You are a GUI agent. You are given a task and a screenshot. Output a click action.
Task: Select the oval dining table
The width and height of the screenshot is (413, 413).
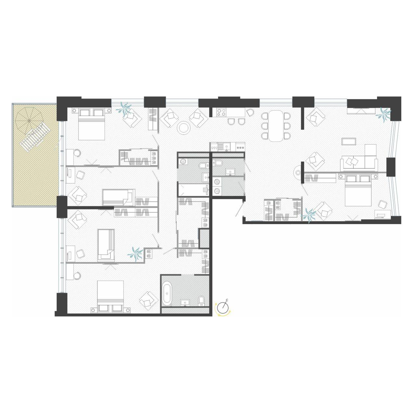point(276,126)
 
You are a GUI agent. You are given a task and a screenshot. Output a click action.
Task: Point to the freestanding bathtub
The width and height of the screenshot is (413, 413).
point(167,294)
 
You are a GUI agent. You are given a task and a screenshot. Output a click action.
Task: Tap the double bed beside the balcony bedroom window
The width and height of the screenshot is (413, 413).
point(92,124)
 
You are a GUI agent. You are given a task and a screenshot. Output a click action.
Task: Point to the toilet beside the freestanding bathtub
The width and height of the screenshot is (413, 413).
point(201,301)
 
